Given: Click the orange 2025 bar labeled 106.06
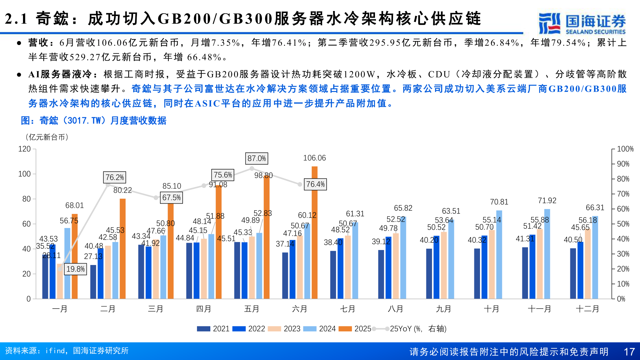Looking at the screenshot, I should (x=314, y=233).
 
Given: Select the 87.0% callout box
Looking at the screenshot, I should (x=257, y=158).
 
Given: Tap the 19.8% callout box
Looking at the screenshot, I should (x=75, y=269).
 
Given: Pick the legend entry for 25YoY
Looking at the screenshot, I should (x=410, y=329).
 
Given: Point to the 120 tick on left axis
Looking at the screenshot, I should (x=24, y=149).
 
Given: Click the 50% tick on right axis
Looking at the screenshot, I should (x=623, y=224).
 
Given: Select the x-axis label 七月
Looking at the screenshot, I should (x=347, y=309).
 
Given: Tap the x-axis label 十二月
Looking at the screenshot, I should (x=587, y=309).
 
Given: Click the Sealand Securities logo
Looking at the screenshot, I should (x=582, y=23).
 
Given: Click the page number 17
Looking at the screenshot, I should (x=629, y=352).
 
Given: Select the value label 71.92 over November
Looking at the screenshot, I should (x=547, y=201).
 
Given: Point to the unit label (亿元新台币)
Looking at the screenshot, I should (x=47, y=137).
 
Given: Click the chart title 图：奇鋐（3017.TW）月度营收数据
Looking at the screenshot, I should (x=94, y=121).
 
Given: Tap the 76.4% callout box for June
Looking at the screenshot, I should (x=315, y=184).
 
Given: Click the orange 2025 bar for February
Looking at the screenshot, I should (x=123, y=248).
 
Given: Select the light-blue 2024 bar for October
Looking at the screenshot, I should (x=499, y=254).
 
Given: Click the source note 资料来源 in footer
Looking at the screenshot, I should (x=67, y=351).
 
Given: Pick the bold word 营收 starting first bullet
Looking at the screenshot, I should (x=38, y=43).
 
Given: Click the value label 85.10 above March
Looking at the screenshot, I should (x=172, y=186).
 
